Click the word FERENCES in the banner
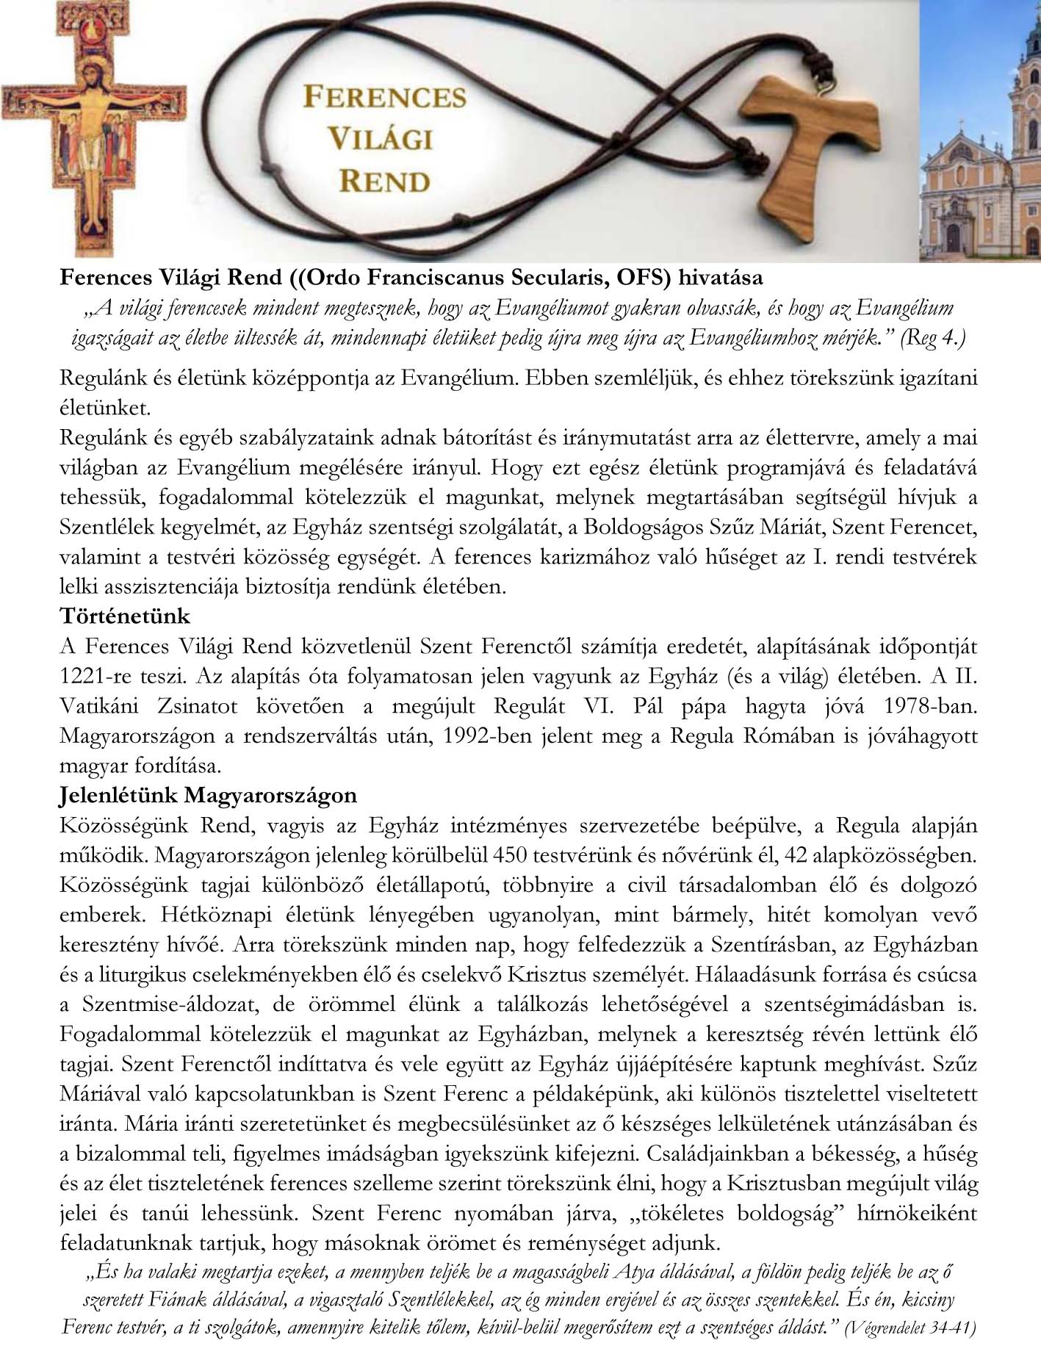384,96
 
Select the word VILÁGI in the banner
380,138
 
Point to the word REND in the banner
384,181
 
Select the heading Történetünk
124,616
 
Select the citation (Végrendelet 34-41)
910,1328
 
